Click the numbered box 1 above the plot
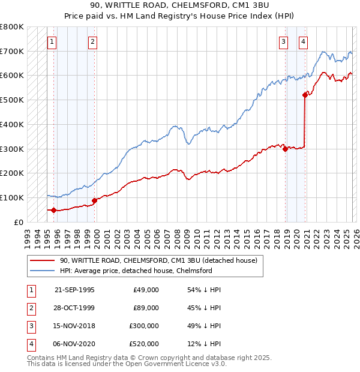[53, 41]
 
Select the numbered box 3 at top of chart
[284, 41]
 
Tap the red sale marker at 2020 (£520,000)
[305, 94]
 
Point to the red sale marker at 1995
[54, 210]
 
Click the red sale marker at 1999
[94, 200]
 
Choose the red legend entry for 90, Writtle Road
[158, 260]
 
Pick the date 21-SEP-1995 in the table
[74, 290]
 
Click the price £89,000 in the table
[146, 308]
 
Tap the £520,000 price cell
[145, 344]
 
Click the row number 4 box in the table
[30, 344]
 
